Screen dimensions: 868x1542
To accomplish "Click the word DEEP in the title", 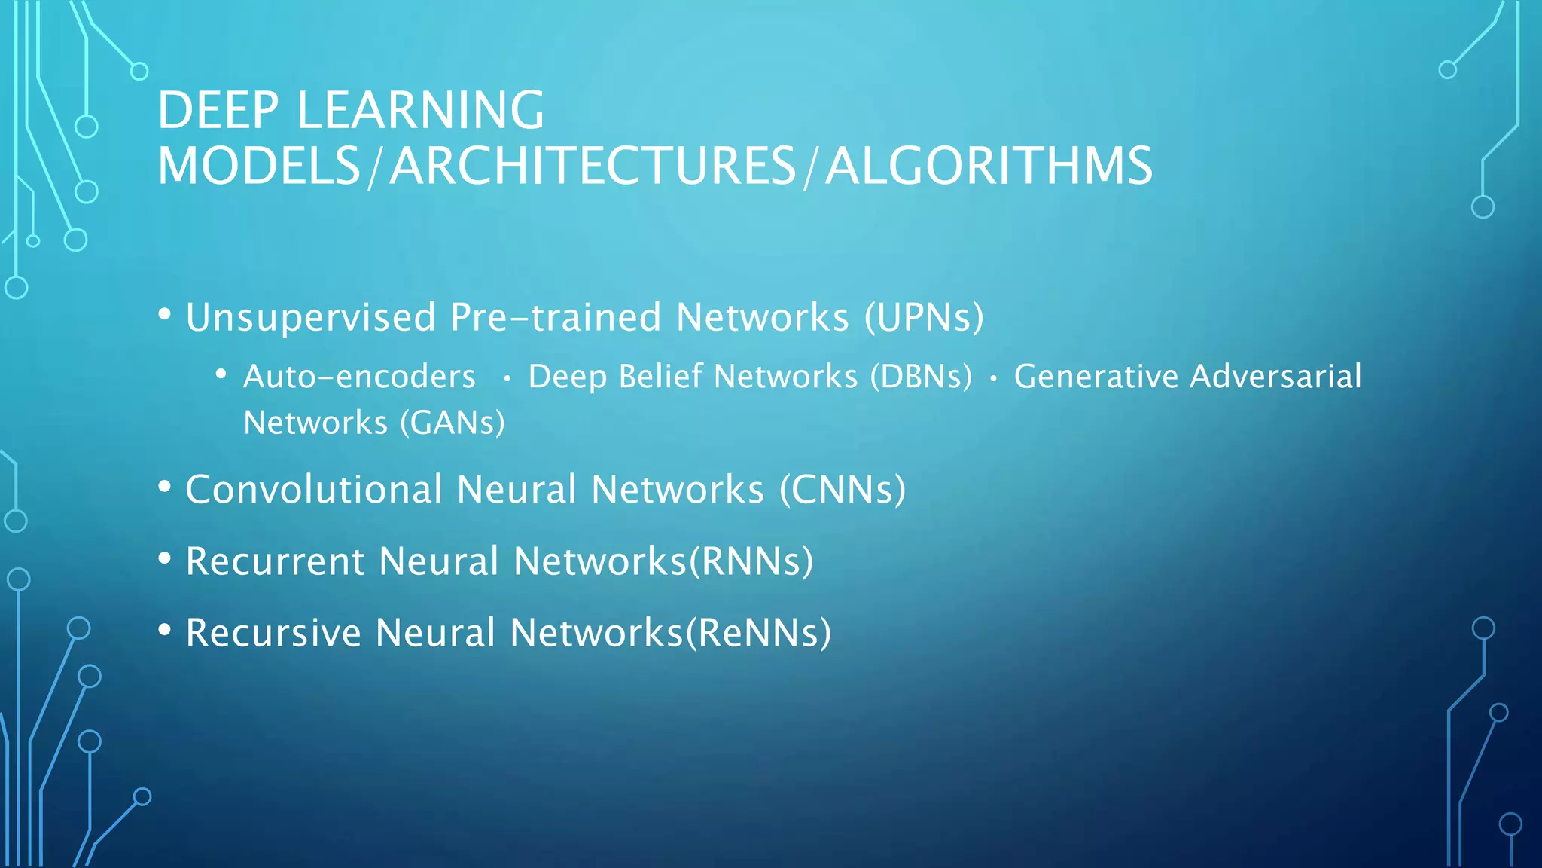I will tap(218, 111).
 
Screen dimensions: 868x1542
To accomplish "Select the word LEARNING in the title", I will tap(420, 111).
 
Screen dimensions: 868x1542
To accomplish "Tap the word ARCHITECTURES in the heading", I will tap(593, 167).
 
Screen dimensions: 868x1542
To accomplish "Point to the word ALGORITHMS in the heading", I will tap(989, 167).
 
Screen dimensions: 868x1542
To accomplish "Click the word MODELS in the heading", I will tap(259, 167).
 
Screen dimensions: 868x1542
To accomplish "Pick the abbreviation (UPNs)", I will tap(924, 317).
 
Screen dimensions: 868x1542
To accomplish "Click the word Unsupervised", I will tap(310, 317).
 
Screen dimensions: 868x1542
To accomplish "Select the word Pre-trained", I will tap(556, 317).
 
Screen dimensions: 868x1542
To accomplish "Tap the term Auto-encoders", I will tap(359, 377).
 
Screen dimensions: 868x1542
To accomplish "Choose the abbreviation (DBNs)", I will tap(921, 377).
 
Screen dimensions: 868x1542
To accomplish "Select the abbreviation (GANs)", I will tap(452, 423).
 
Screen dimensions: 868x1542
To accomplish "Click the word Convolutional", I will tap(313, 490).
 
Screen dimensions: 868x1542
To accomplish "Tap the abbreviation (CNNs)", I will tap(842, 490).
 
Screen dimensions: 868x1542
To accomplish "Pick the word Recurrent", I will tap(275, 561).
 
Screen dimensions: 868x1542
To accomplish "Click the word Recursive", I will tap(273, 633).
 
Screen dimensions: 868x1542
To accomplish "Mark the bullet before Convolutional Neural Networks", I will tap(165, 487).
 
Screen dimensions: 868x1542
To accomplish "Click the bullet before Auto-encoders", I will tap(221, 374).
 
